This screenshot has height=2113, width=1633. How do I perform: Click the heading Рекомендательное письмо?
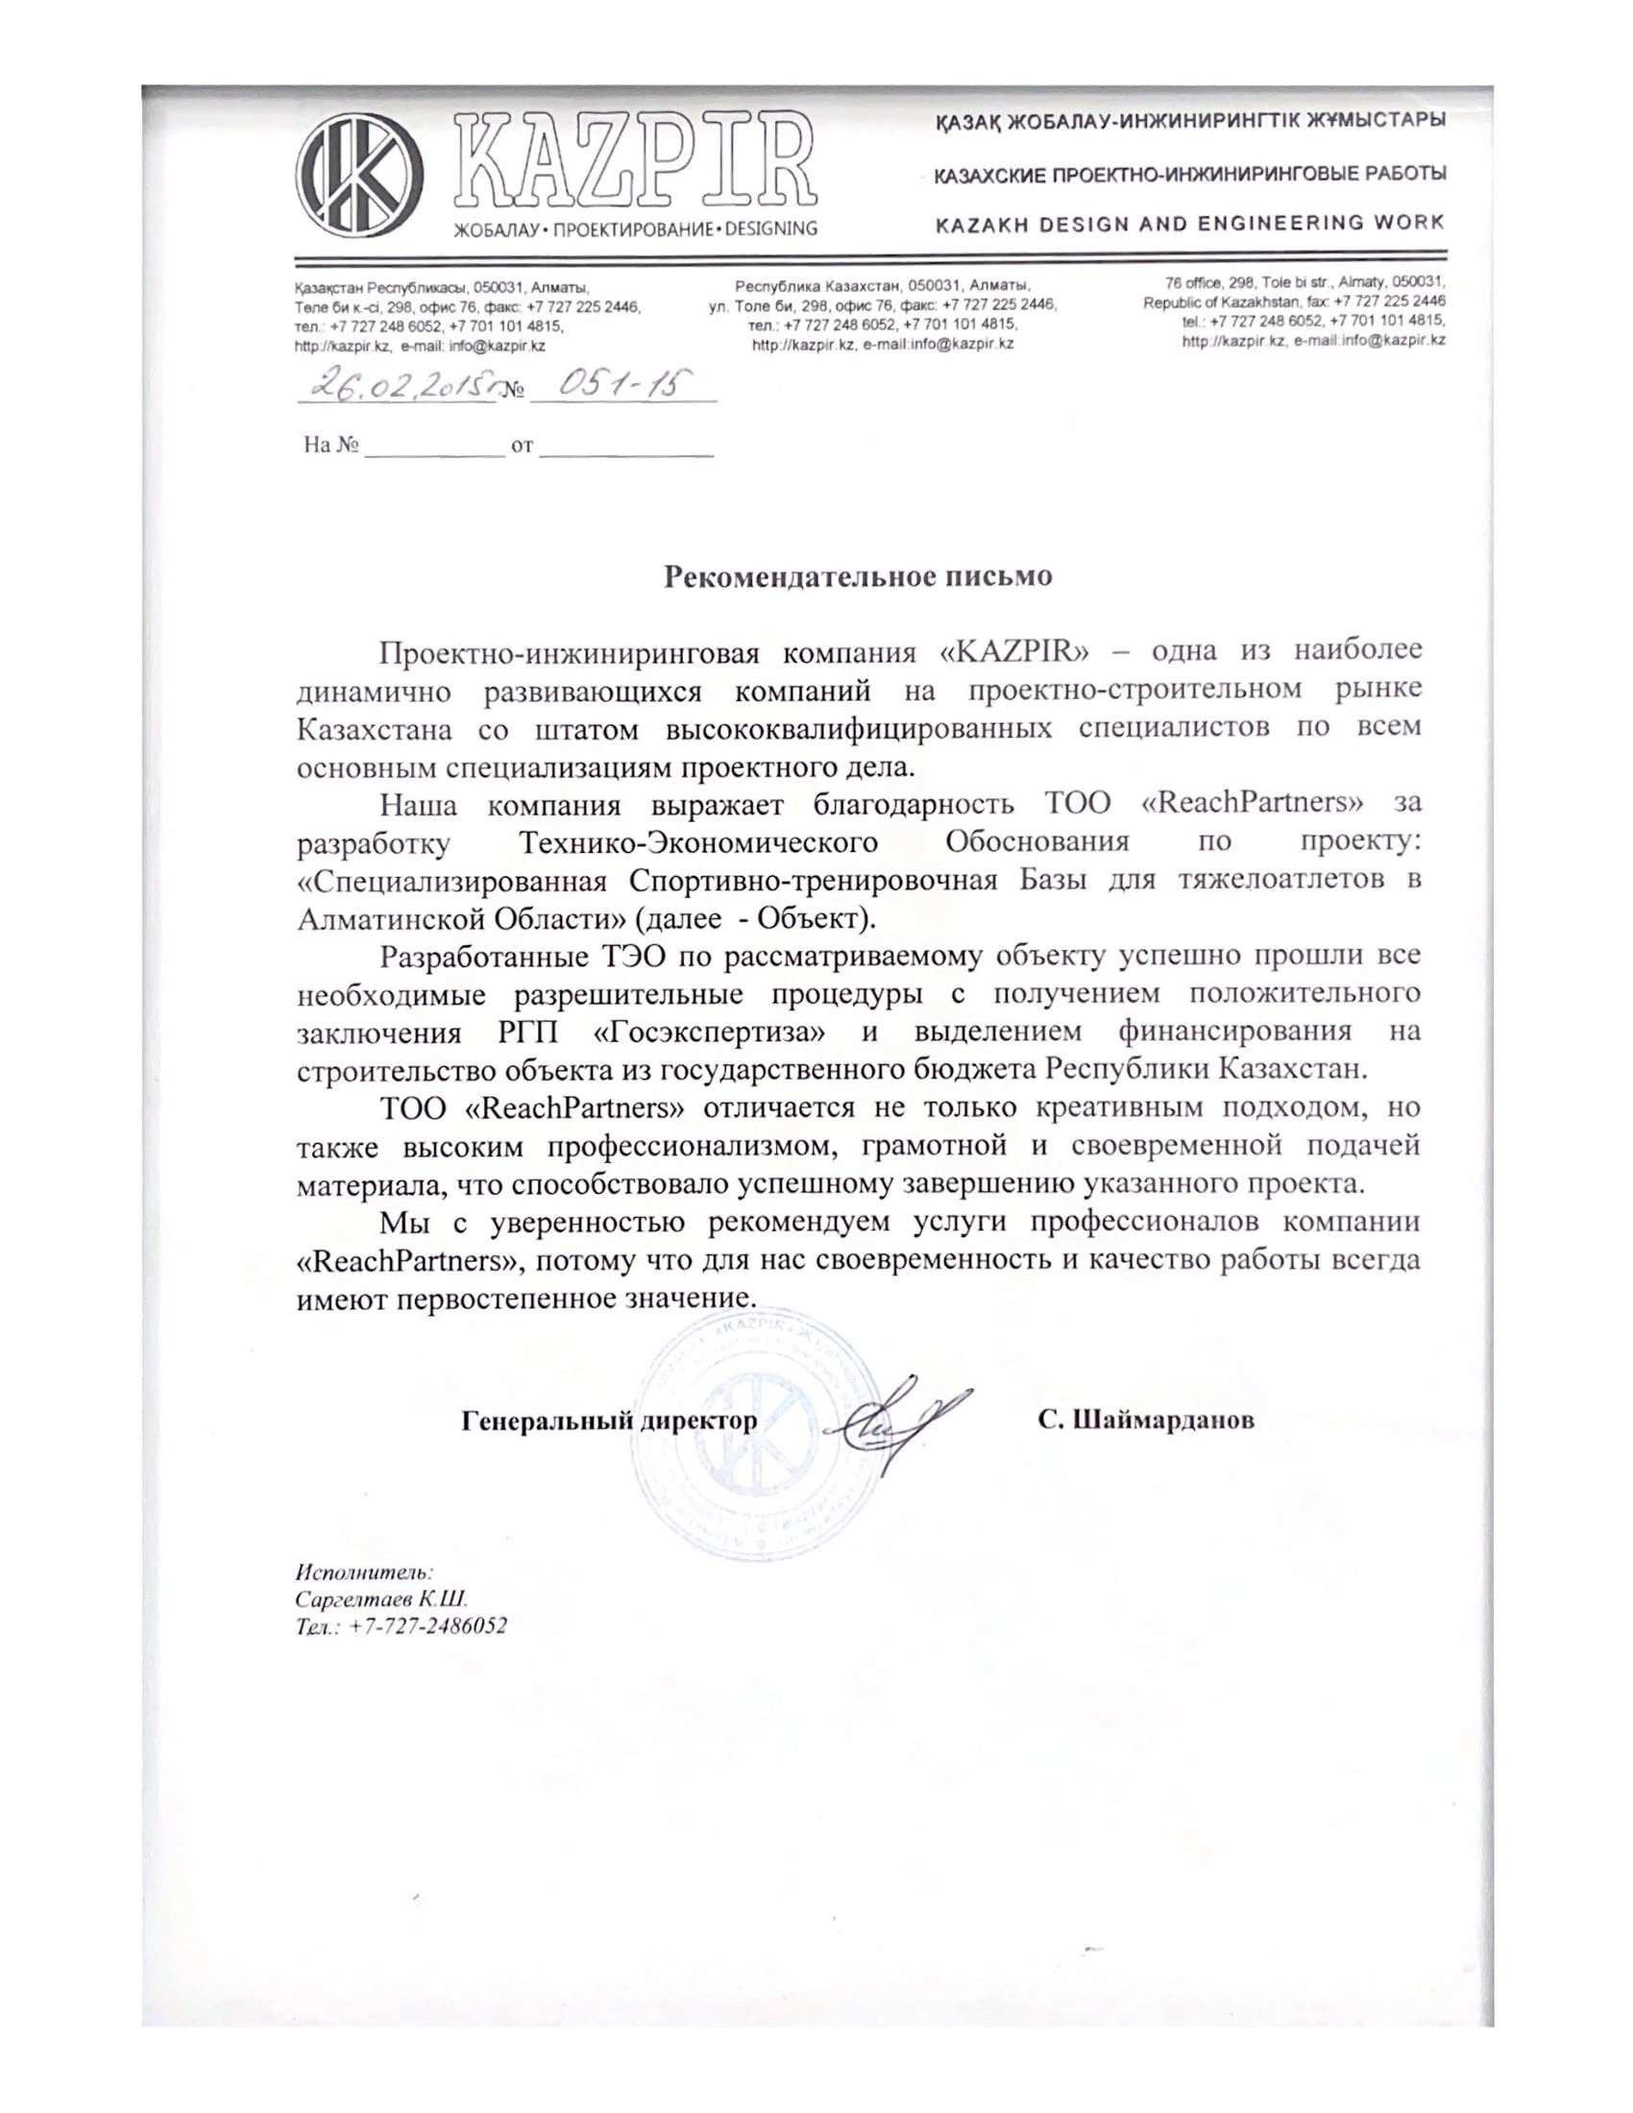tap(857, 576)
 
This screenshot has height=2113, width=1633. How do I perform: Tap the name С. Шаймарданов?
tap(1146, 1421)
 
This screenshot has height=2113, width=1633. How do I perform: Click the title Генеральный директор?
tap(609, 1421)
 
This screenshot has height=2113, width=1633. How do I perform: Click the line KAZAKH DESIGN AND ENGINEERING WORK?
tap(1189, 224)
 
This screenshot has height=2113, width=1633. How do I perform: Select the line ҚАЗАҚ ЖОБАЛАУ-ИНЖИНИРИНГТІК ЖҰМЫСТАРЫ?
tap(1189, 122)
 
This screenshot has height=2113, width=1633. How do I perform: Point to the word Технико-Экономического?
tap(699, 841)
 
